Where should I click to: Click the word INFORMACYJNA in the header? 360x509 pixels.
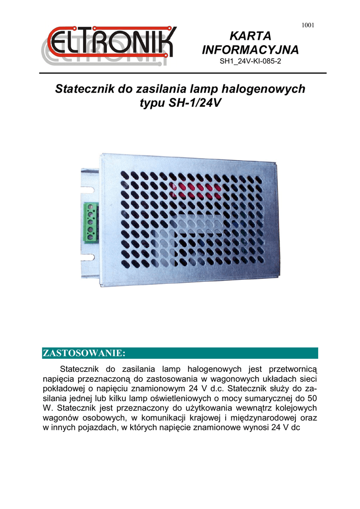pos(250,50)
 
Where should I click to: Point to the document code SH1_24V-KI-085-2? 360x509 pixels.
pos(251,63)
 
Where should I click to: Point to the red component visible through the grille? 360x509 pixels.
pos(194,189)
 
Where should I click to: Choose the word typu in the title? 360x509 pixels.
pos(153,104)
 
